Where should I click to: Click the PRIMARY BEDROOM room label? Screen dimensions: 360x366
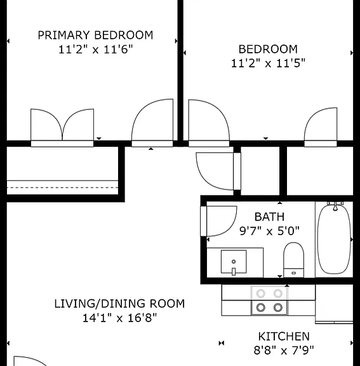pos(95,35)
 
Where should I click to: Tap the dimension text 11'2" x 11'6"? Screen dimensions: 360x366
pos(95,50)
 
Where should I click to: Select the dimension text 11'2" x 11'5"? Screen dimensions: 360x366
pos(268,64)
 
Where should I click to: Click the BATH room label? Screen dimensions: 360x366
pos(269,217)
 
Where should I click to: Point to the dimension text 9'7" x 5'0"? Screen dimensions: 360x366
pos(269,231)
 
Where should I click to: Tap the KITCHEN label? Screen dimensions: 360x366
pos(284,336)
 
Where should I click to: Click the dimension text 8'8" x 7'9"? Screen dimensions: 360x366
pos(284,350)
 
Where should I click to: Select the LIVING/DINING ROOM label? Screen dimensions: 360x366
pos(119,304)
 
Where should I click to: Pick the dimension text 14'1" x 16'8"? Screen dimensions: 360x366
pos(119,318)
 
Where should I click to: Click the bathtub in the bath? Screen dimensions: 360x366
pos(334,240)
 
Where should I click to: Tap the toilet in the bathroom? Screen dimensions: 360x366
pos(293,260)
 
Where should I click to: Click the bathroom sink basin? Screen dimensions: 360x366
pos(234,262)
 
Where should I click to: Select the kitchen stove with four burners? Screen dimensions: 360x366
pos(269,301)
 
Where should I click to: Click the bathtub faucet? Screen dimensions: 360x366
pos(335,206)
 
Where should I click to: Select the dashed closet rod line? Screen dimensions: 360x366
pos(62,187)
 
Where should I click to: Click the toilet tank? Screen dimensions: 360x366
pos(293,273)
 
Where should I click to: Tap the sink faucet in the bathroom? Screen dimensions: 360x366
pos(234,271)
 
